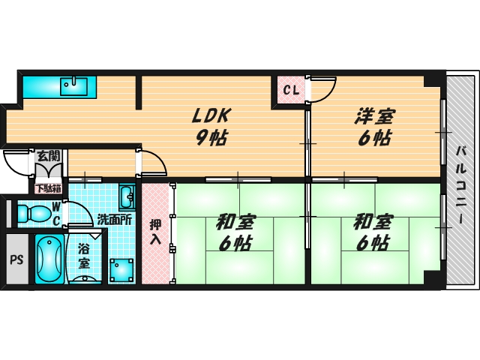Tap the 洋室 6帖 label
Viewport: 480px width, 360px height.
(x=373, y=126)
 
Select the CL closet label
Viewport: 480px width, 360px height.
(x=291, y=91)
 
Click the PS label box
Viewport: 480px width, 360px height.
(x=16, y=260)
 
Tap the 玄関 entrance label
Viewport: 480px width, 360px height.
(x=48, y=157)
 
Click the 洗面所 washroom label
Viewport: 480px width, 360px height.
(x=115, y=220)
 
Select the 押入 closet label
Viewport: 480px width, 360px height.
(x=155, y=232)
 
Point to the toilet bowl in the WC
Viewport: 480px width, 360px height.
(x=31, y=211)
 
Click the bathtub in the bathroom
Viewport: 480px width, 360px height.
(x=49, y=260)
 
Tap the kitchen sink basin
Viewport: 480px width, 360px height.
(x=73, y=85)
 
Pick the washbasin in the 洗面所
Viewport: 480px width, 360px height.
(x=127, y=197)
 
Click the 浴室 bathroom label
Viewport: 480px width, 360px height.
(x=83, y=256)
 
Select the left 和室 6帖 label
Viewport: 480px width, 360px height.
(x=235, y=232)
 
